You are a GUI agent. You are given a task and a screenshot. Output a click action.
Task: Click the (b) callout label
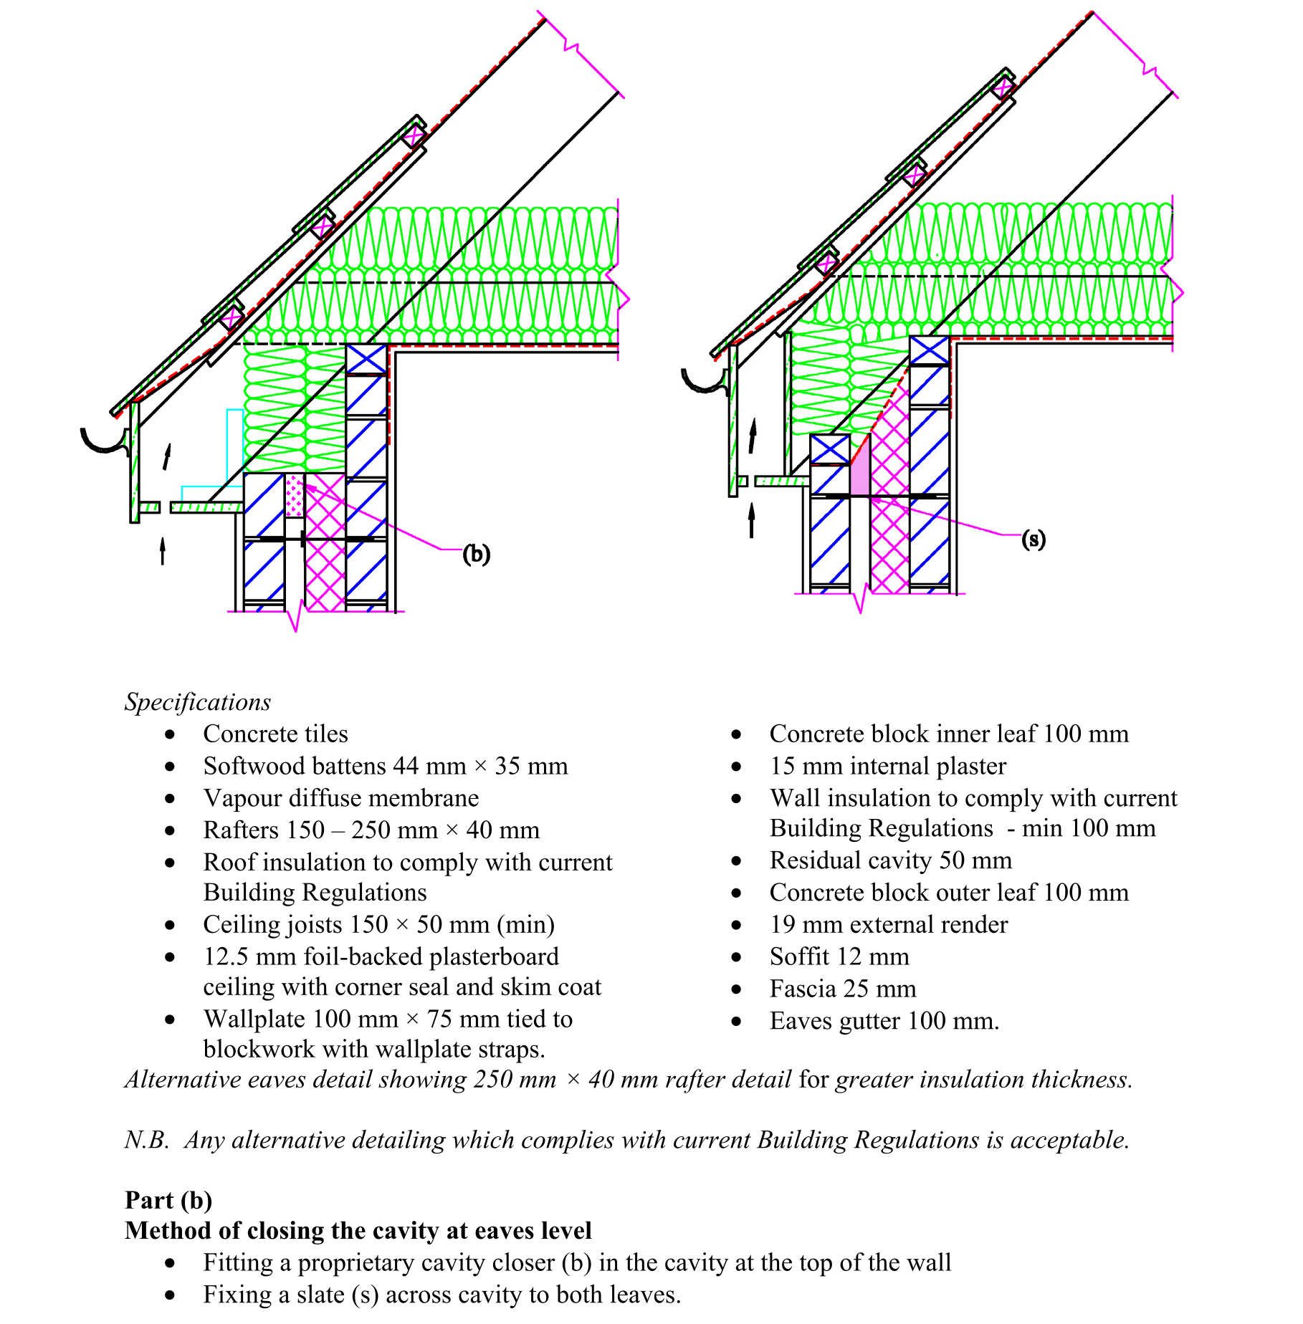476,554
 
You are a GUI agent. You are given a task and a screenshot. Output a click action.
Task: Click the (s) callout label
1033,539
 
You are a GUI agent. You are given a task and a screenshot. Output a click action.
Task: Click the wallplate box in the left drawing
366,358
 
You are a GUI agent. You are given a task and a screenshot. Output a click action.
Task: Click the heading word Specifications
198,701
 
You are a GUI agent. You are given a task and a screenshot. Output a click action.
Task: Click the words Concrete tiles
275,734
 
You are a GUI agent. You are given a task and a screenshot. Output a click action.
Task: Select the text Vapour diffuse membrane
340,798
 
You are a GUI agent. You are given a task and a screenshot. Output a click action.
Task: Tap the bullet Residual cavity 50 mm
890,860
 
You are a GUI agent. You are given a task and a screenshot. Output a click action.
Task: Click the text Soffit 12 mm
839,956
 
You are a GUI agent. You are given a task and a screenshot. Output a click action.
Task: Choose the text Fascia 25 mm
842,989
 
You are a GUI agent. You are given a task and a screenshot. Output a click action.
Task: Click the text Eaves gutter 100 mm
884,1021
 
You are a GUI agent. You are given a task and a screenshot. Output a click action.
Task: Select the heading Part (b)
168,1200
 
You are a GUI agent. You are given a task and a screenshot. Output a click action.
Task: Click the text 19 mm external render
888,924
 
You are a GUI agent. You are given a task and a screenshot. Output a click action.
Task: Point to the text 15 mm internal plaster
887,766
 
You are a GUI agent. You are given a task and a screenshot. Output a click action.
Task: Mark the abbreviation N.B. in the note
146,1140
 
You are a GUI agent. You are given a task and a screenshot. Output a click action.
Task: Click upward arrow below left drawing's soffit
163,551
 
